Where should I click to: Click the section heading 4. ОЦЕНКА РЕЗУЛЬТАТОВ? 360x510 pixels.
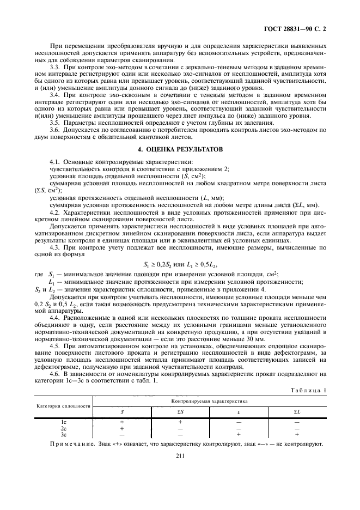180,149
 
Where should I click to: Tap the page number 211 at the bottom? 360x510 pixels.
180,471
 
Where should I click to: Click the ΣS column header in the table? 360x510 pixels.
180,411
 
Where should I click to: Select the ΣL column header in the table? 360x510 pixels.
297,411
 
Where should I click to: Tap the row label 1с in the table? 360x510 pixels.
63,422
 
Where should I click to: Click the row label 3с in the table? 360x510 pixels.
63,434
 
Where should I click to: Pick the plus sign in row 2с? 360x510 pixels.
121,428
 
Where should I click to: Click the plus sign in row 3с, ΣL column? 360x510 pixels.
297,434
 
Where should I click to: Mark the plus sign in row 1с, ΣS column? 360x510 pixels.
180,422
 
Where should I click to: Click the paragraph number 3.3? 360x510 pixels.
55,66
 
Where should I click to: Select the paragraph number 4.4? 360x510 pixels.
55,317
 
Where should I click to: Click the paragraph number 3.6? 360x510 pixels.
55,131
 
